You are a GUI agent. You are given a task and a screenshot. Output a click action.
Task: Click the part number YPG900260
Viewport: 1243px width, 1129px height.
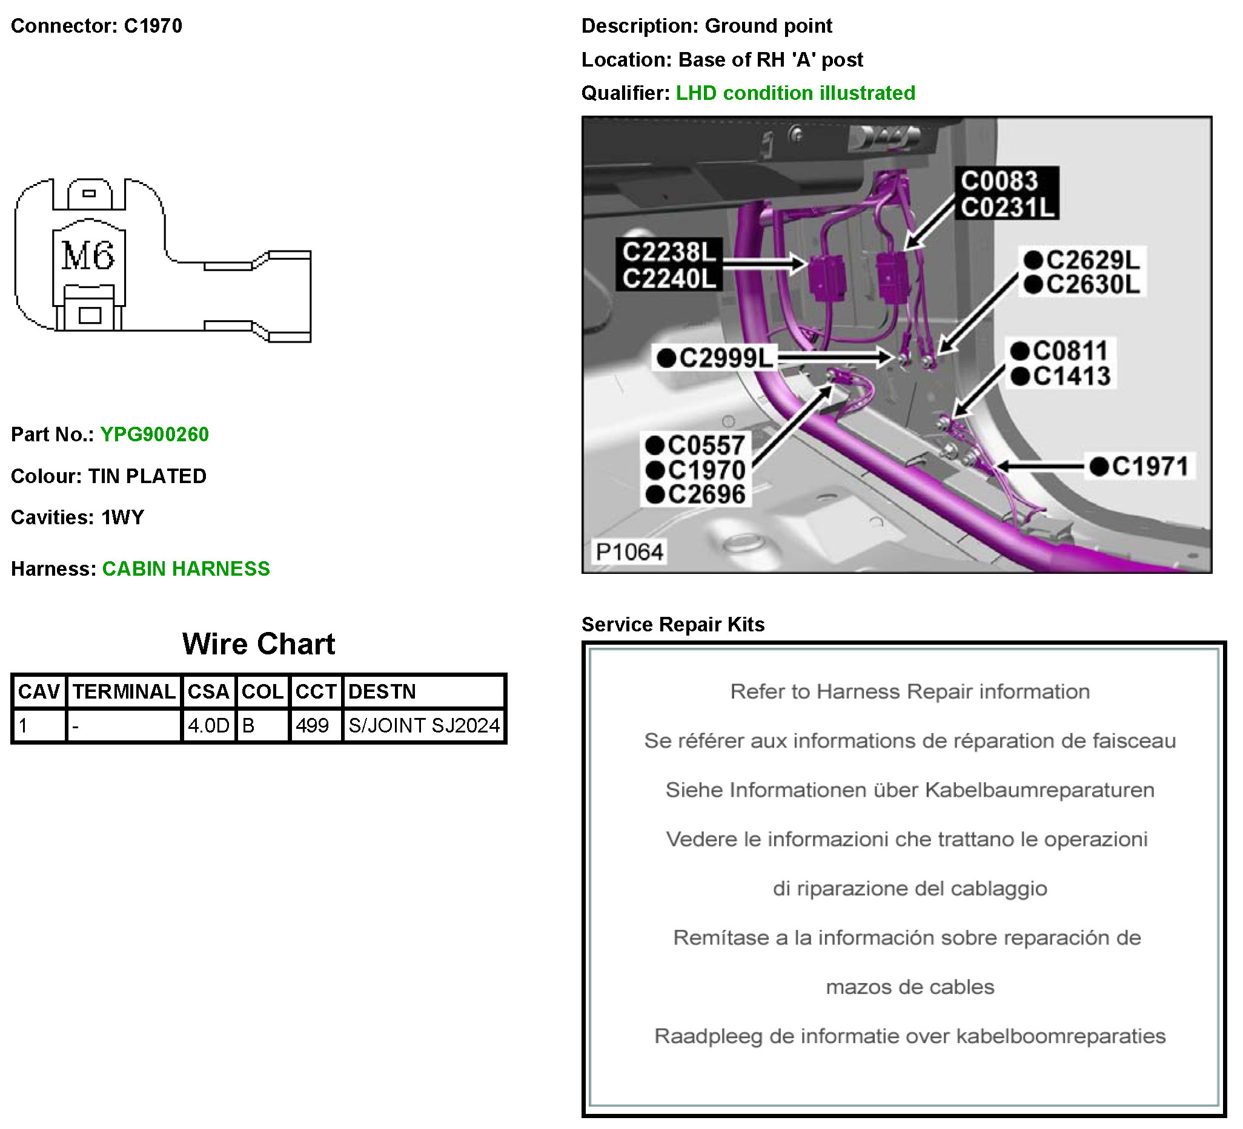pos(154,435)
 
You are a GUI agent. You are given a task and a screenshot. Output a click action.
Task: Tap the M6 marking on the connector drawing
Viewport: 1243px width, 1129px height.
pos(88,255)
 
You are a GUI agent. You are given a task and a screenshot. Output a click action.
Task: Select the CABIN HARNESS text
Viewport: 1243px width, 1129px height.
pos(186,568)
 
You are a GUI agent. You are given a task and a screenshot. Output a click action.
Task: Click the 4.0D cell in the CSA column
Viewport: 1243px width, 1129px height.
pos(208,725)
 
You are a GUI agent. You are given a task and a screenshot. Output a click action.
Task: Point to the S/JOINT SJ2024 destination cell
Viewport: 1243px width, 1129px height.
pos(424,725)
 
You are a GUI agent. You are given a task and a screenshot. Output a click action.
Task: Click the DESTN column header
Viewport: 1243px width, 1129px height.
pos(382,691)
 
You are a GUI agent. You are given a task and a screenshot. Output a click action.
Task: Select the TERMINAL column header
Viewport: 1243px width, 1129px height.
pos(124,691)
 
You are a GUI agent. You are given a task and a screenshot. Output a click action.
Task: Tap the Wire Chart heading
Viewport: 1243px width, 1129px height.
pos(259,644)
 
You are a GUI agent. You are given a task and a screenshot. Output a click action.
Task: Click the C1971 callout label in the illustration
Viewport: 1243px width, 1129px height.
pos(1150,467)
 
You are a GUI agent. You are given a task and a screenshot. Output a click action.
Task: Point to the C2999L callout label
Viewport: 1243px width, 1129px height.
pos(726,358)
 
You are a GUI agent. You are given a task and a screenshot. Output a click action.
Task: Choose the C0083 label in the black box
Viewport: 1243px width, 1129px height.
pos(999,181)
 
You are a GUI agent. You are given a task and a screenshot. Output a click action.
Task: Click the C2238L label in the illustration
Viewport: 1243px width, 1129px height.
pos(669,252)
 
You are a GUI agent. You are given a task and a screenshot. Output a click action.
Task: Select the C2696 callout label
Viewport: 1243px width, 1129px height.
pos(706,494)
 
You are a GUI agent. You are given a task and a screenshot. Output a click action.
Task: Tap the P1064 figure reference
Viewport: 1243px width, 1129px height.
pos(629,551)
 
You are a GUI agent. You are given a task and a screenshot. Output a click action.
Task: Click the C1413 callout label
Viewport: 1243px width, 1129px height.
pos(1072,376)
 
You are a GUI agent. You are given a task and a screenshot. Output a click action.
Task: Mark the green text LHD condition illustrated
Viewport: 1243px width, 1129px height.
pos(795,93)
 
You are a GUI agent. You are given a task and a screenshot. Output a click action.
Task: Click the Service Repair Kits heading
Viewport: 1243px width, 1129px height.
pos(672,624)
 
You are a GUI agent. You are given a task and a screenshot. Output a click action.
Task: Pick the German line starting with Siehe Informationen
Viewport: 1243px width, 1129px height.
pos(910,790)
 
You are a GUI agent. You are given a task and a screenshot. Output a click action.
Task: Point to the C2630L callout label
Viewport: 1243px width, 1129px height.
pos(1093,285)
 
